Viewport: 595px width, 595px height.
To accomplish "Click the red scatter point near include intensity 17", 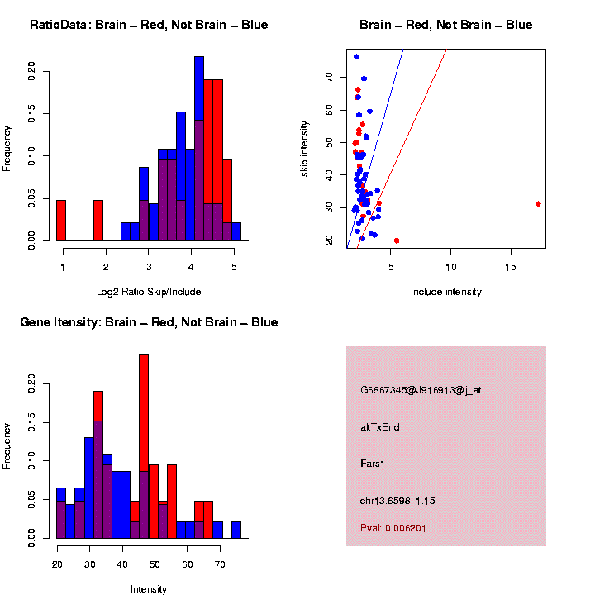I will click(x=538, y=203).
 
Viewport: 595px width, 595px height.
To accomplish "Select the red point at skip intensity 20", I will click(x=397, y=240).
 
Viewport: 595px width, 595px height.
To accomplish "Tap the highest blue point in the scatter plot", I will click(x=356, y=56).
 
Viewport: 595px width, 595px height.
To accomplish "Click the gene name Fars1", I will click(x=373, y=464).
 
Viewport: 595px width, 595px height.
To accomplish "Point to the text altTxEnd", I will click(x=380, y=427).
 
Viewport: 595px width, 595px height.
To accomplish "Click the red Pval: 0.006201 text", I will click(x=393, y=528).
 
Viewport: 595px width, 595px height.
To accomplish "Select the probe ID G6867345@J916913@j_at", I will click(x=421, y=390).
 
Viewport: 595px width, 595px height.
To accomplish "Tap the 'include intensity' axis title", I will click(x=445, y=292).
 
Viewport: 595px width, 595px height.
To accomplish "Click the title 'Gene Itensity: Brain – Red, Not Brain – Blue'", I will click(x=149, y=322).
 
